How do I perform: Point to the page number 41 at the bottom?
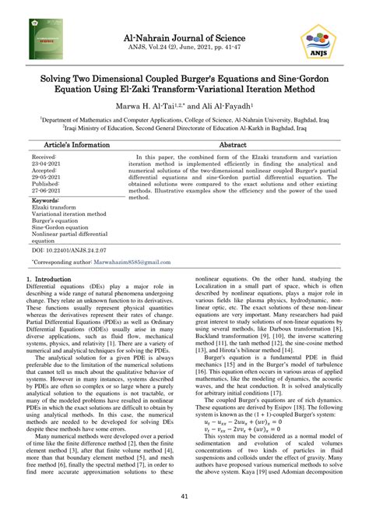pyautogui.click(x=184, y=496)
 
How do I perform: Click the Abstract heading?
pyautogui.click(x=233, y=145)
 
